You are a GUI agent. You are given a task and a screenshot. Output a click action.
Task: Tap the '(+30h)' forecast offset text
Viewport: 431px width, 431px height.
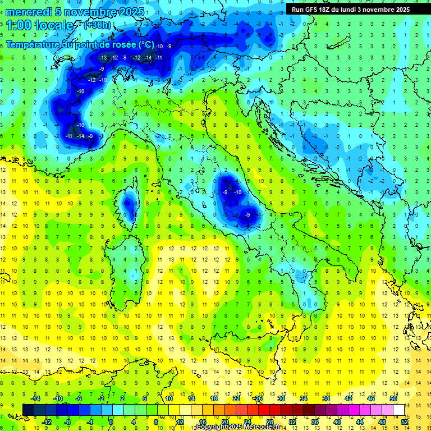pyautogui.click(x=97, y=25)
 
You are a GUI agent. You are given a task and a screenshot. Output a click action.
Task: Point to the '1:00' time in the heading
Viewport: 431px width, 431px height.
pyautogui.click(x=18, y=26)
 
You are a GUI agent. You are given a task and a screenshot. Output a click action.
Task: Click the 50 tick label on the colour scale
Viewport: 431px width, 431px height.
pyautogui.click(x=393, y=398)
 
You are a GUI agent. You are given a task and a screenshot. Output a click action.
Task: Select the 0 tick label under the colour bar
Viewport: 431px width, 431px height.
pyautogui.click(x=111, y=421)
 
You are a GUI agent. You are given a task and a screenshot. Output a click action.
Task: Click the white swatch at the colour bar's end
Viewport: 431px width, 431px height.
pyautogui.click(x=398, y=410)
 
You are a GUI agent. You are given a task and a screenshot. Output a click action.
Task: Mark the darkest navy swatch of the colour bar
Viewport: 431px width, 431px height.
pyautogui.click(x=28, y=410)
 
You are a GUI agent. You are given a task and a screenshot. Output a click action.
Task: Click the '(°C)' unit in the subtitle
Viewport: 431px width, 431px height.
pyautogui.click(x=146, y=44)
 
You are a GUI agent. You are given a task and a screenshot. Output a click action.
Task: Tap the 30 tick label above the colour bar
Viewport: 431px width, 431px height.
pyautogui.click(x=281, y=398)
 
